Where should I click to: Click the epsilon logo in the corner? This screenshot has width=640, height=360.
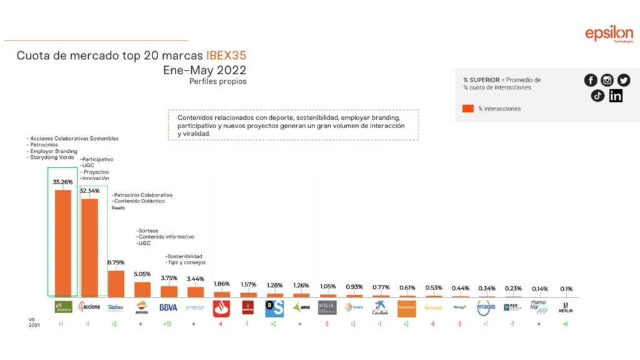click(609, 35)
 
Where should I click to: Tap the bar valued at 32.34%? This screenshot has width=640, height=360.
click(89, 246)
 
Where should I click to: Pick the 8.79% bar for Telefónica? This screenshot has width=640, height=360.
click(116, 282)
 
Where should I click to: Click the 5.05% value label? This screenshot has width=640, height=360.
click(142, 272)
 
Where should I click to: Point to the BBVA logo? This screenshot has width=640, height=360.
click(169, 307)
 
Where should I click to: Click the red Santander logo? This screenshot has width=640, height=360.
click(222, 308)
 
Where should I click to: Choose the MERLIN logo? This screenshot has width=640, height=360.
click(565, 307)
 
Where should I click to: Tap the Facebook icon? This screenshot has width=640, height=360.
click(591, 80)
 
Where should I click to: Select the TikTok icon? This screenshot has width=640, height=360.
click(597, 96)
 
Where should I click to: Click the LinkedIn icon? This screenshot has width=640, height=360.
click(616, 96)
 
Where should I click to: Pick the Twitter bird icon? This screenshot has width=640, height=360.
click(624, 80)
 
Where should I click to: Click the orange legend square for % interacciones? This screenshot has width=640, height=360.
click(468, 109)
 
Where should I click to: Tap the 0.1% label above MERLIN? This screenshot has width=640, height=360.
click(565, 289)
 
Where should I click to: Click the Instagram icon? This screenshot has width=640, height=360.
click(607, 80)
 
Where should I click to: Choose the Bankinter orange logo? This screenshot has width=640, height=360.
click(406, 307)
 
